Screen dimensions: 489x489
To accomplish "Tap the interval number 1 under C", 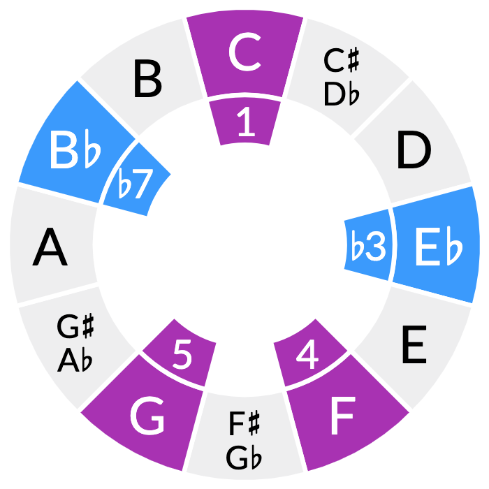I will tap(245, 123).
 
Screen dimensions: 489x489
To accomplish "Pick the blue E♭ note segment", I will tap(437, 246).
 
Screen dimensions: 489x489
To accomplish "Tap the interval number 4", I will tap(307, 356).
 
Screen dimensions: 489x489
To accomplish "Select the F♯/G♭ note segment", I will tap(245, 440).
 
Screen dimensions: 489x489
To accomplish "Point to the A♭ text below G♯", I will tap(75, 360).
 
